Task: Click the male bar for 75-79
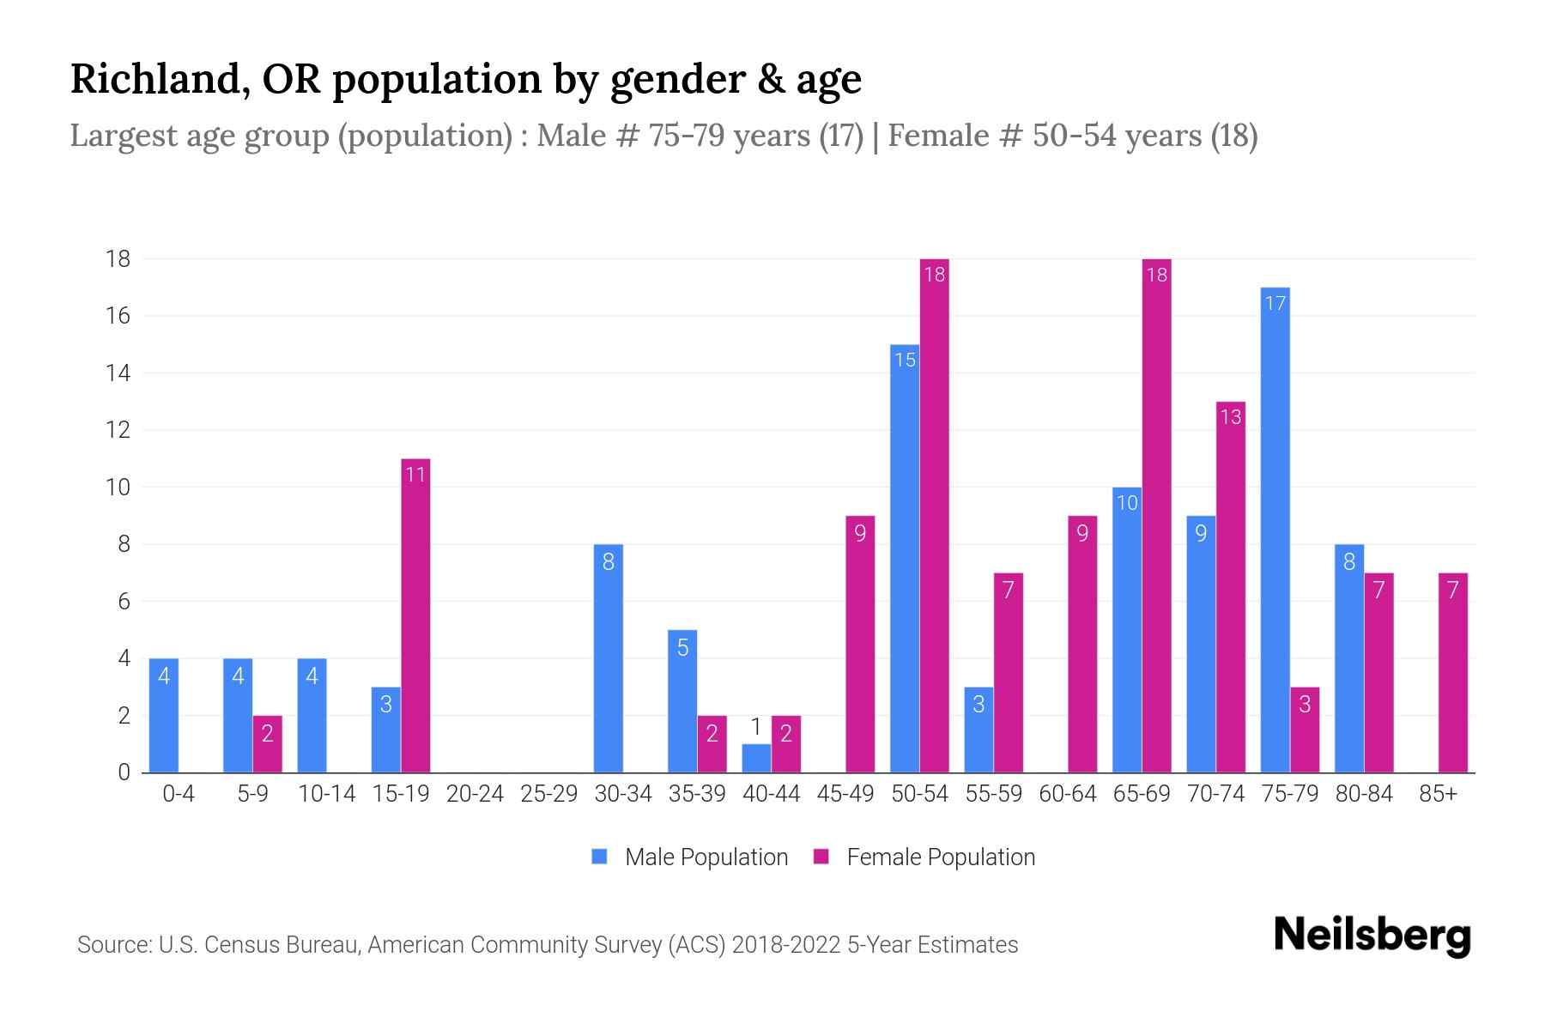coord(1275,530)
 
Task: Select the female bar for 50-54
coord(934,515)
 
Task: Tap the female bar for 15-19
coord(415,615)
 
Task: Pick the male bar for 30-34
coord(608,658)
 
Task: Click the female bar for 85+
coord(1453,673)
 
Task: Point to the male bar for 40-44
coord(756,759)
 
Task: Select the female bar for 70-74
coord(1231,587)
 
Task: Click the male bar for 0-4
coord(163,716)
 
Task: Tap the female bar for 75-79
coord(1305,730)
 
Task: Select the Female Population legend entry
coord(924,857)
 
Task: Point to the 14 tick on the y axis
coord(118,373)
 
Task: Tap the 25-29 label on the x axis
coord(548,794)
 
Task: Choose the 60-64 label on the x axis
coord(1067,794)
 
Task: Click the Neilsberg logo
coord(1372,936)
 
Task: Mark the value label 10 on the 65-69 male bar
coord(1126,503)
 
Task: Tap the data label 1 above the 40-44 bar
coord(756,728)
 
